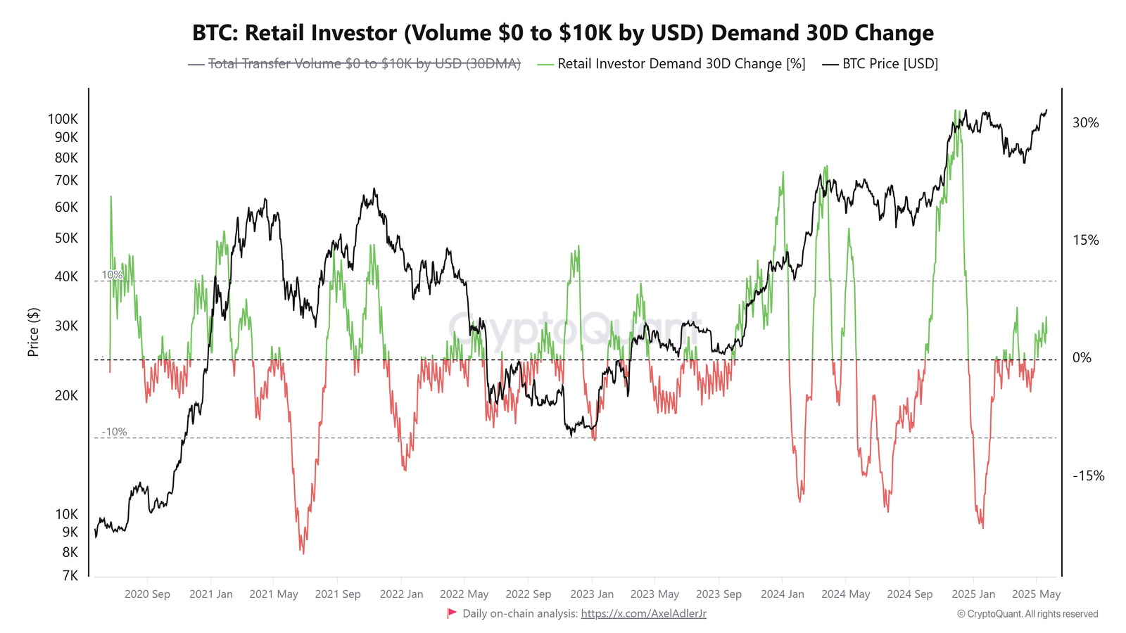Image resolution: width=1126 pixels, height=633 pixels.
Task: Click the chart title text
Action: point(563,33)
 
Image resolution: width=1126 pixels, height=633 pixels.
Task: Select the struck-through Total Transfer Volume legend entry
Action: point(364,64)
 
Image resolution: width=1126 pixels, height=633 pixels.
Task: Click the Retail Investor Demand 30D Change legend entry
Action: point(681,64)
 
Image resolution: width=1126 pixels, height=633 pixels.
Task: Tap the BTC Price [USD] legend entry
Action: point(890,64)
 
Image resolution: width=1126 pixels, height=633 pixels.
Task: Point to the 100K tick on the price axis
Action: point(63,119)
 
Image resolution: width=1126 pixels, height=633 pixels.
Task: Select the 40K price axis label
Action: point(66,276)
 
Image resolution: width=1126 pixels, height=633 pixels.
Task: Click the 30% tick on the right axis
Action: point(1085,123)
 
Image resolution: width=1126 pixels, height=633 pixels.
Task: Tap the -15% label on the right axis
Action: point(1088,476)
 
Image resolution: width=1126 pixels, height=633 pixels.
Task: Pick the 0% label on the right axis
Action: point(1082,358)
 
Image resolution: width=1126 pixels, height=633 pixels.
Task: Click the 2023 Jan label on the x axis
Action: point(592,594)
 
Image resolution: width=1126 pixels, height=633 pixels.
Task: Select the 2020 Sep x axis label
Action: point(147,594)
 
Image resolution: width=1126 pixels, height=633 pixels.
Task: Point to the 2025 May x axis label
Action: point(1036,594)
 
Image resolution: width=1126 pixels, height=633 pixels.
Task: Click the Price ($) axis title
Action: point(33,332)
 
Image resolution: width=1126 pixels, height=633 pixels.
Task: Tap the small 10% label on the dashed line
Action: point(112,275)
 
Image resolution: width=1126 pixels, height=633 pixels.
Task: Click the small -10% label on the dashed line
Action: point(114,432)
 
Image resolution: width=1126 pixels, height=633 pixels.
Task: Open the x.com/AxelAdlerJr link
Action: point(643,614)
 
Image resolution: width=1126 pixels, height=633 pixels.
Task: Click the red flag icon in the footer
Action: point(452,613)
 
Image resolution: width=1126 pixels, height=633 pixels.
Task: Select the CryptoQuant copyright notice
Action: point(1027,614)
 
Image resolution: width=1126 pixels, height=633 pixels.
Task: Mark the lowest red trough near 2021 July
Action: point(303,553)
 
